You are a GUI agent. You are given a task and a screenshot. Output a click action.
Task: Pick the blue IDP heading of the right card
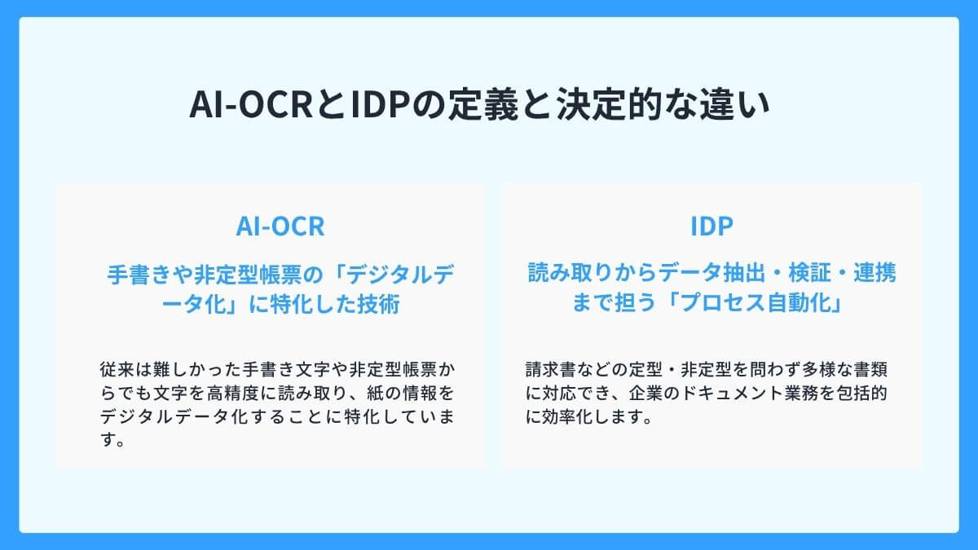tap(711, 227)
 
